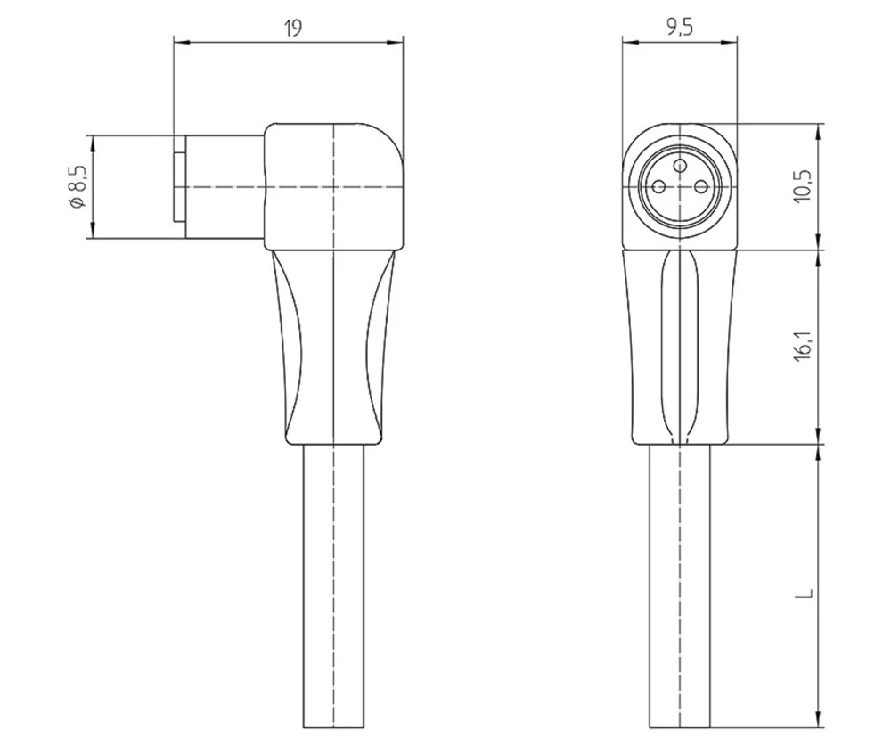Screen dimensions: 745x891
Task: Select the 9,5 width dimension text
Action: point(680,27)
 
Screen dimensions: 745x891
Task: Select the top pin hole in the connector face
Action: point(680,164)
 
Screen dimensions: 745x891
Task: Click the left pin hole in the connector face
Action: point(659,185)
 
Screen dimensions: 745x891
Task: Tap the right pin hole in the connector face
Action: point(700,185)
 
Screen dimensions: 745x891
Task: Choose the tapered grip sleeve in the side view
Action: point(331,348)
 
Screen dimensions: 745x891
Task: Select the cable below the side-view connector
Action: point(331,588)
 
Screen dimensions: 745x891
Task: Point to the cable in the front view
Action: point(680,588)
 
